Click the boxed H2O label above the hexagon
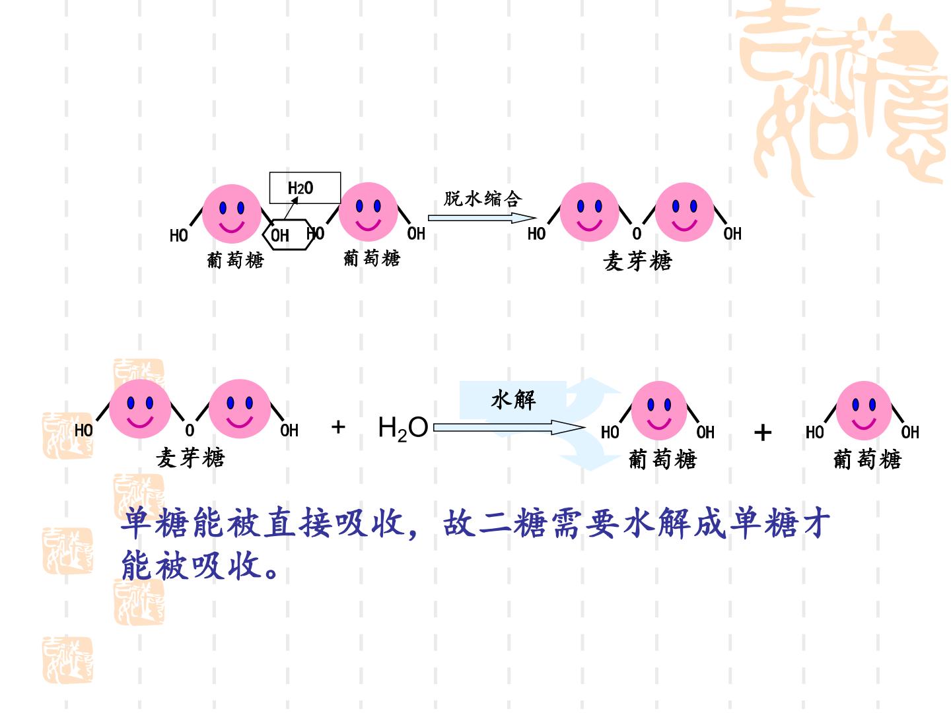click(300, 188)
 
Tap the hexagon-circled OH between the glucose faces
click(280, 236)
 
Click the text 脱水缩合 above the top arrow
click(483, 199)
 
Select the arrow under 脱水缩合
click(482, 218)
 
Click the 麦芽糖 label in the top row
click(637, 261)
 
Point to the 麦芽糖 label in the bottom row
click(191, 458)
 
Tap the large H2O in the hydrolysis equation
click(403, 428)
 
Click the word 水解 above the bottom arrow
click(513, 399)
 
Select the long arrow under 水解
click(509, 428)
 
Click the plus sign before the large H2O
click(338, 427)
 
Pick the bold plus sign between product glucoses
click(763, 432)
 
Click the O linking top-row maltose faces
click(637, 234)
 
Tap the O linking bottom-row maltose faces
click(190, 430)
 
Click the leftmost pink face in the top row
click(232, 214)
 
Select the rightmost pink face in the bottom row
click(863, 411)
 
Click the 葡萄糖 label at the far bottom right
click(867, 459)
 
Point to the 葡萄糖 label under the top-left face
click(235, 260)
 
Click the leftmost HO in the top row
click(178, 236)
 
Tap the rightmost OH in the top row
click(732, 234)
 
